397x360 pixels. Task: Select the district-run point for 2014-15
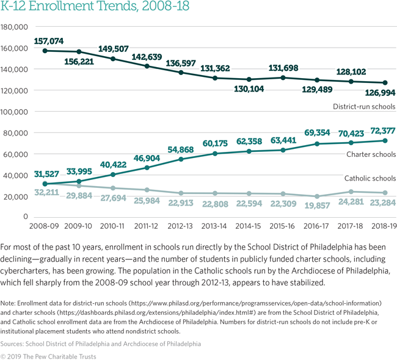point(248,79)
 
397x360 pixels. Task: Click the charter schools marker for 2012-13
point(181,159)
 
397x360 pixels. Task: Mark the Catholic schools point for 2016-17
point(316,196)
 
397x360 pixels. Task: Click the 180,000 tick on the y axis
point(15,27)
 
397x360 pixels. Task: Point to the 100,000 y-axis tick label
point(15,112)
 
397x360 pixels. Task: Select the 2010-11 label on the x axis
point(113,226)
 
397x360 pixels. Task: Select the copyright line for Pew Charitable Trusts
point(48,356)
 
